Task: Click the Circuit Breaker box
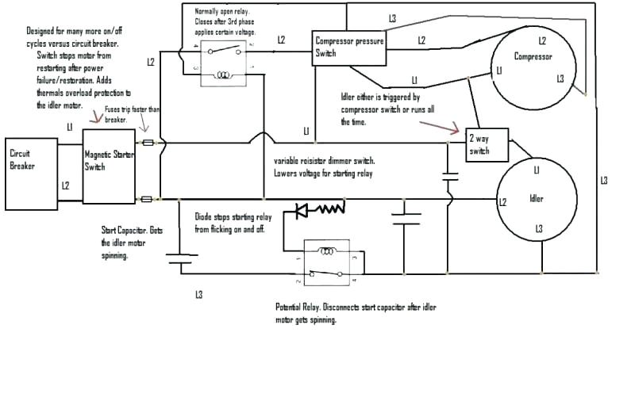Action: pos(32,174)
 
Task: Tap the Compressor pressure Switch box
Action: pos(348,47)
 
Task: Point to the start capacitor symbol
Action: pos(182,256)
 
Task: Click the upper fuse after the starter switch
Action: pos(148,143)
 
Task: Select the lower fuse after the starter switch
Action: pos(148,198)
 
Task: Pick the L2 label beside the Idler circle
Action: pos(502,203)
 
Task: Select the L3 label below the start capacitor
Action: pos(198,295)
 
